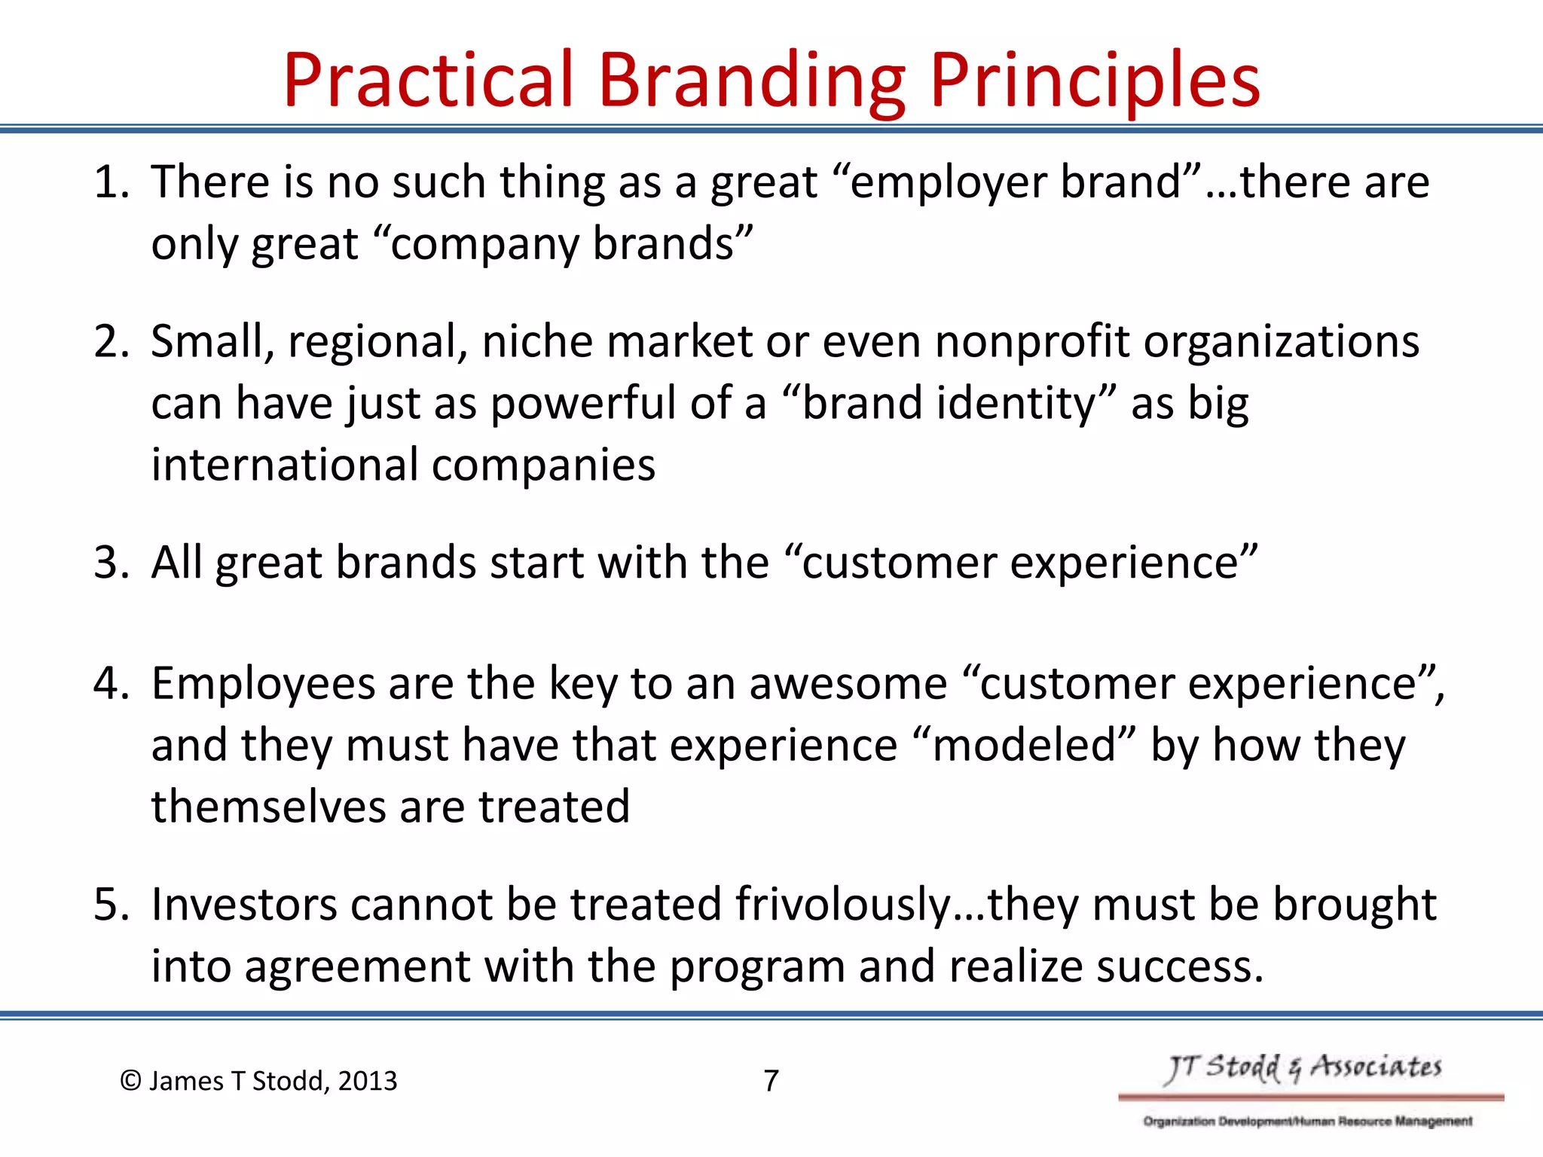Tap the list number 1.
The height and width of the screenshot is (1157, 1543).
pos(107,183)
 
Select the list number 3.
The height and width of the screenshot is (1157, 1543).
pos(107,563)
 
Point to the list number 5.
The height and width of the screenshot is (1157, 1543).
pos(107,905)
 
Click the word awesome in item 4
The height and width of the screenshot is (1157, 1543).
pos(848,685)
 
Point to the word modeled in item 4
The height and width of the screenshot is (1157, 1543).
pos(1023,746)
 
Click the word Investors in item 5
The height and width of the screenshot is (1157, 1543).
pos(244,905)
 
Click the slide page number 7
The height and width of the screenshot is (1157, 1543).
pos(771,1081)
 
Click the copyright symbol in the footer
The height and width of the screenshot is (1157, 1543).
pos(130,1081)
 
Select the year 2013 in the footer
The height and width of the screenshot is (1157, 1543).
pos(367,1081)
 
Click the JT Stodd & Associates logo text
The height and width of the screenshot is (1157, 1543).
pos(1303,1068)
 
